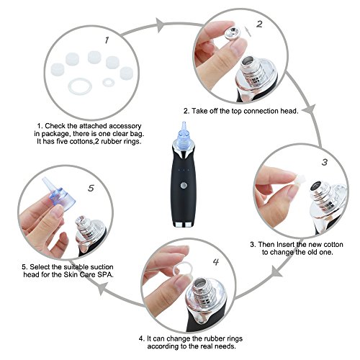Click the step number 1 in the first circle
[x=107, y=40]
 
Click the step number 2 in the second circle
[x=259, y=24]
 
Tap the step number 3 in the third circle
[x=325, y=162]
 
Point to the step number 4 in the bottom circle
[x=216, y=262]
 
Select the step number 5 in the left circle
[x=91, y=188]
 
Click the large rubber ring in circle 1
[x=80, y=86]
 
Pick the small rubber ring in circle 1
[x=109, y=82]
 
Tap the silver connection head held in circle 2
[x=232, y=33]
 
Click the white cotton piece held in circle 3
[x=297, y=180]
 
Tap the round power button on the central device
[x=184, y=185]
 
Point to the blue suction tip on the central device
[x=184, y=135]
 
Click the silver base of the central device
[x=183, y=225]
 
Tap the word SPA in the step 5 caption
[x=105, y=274]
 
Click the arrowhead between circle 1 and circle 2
[x=160, y=24]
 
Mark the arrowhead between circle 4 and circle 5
[x=103, y=288]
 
